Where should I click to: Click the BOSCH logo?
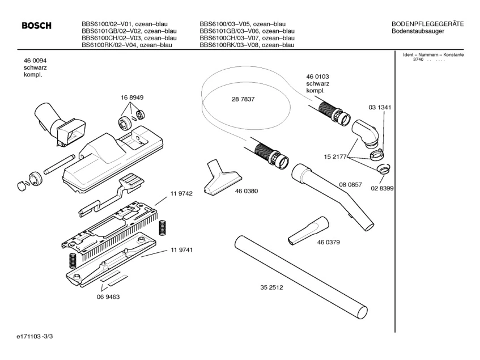point(36,26)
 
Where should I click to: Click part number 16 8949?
point(131,98)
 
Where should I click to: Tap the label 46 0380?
point(246,191)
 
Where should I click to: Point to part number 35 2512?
point(271,287)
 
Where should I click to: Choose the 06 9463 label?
point(108,297)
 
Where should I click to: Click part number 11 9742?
point(181,194)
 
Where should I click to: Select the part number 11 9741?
point(181,250)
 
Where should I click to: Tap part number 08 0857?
point(350,185)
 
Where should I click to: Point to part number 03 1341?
point(380,107)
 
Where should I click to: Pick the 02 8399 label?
point(382,188)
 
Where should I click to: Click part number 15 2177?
point(335,156)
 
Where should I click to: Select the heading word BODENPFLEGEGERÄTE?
point(427,23)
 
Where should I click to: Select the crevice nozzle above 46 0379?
point(307,230)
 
